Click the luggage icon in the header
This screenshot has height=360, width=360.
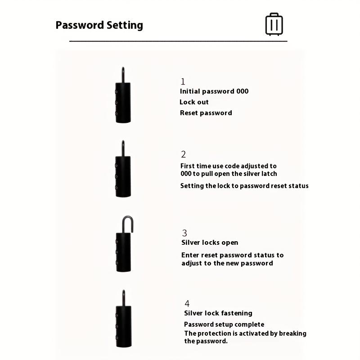[274, 24]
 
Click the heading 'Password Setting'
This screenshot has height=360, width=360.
[99, 25]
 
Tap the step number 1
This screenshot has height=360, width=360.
[183, 81]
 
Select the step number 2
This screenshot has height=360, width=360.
[183, 154]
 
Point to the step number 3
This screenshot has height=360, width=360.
[184, 233]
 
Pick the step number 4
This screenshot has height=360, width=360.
[187, 303]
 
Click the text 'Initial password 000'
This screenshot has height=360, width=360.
[214, 91]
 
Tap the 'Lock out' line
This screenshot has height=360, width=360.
[194, 102]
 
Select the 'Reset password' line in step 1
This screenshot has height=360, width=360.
[206, 113]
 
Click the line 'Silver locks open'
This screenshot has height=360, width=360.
[210, 243]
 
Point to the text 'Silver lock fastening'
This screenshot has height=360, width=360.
[218, 313]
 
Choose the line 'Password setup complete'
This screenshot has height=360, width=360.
[224, 324]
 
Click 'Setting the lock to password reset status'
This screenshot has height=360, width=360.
[244, 186]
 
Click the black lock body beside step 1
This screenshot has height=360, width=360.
[123, 103]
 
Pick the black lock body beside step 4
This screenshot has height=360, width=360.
[123, 325]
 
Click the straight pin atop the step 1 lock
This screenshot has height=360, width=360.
[123, 75]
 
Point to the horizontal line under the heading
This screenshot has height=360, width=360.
[178, 41]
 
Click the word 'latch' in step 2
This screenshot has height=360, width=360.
[268, 174]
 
